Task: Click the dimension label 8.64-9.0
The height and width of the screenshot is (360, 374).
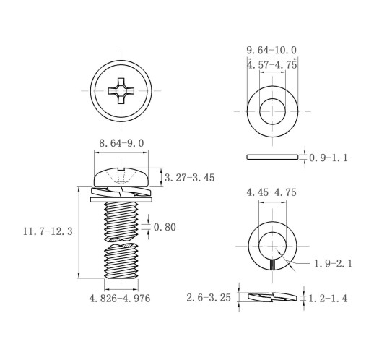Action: point(121,143)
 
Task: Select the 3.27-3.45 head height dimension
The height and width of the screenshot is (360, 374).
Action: point(189,178)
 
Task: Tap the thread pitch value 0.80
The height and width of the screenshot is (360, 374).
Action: point(165,227)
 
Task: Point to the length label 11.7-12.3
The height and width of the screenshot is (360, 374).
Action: point(48,231)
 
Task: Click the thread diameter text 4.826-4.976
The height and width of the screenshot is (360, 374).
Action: point(120,299)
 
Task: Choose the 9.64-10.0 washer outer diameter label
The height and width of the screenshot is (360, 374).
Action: point(271,51)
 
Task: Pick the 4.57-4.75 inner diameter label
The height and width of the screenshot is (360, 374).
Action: point(272,65)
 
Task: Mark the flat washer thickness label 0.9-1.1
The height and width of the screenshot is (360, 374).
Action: point(329,158)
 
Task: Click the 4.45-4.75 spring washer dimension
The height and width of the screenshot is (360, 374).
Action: point(271,192)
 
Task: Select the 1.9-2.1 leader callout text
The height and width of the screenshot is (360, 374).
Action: point(334,264)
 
